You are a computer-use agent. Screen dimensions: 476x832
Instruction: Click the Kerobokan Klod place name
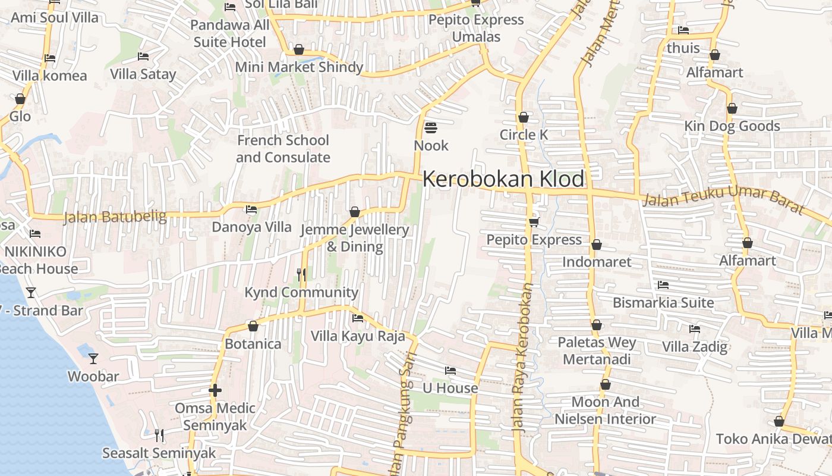(503, 179)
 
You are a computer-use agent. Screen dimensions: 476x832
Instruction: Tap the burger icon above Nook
(431, 128)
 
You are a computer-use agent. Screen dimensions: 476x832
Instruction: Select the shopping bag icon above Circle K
(524, 117)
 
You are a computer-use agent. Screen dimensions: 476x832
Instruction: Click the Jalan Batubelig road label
(115, 217)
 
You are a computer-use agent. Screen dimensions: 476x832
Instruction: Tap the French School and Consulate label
(283, 149)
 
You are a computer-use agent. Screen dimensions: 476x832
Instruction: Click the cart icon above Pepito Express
(534, 222)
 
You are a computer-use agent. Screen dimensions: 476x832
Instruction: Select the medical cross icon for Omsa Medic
(215, 390)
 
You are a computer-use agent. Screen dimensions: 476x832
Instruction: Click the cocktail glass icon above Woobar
(93, 358)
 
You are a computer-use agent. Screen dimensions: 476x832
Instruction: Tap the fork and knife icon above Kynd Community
(301, 274)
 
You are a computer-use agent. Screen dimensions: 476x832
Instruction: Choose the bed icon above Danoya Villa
(251, 209)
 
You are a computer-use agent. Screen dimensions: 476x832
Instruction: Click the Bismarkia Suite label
(663, 302)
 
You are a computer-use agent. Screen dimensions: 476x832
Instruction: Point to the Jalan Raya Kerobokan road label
(522, 357)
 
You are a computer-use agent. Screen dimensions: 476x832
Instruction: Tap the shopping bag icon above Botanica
(253, 326)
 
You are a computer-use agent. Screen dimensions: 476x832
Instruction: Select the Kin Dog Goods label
(732, 126)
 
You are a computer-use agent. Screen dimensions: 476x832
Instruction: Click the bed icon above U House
(450, 371)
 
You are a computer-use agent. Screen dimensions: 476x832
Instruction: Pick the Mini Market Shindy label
(299, 67)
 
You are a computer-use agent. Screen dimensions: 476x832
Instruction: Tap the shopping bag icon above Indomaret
(597, 245)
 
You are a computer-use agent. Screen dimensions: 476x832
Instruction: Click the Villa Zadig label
(695, 346)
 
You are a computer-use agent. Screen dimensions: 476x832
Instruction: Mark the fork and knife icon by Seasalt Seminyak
(159, 436)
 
